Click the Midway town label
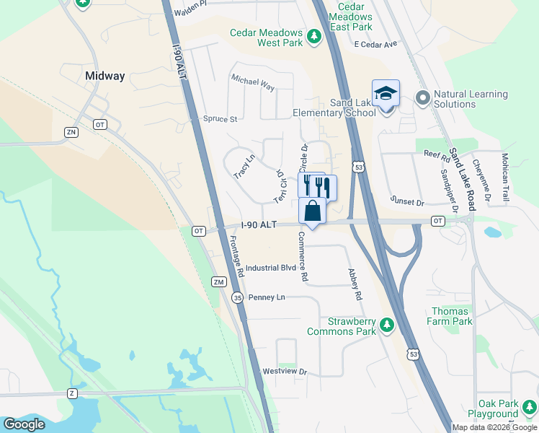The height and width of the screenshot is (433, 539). tap(104, 76)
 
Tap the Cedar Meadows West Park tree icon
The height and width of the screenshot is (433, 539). tap(313, 35)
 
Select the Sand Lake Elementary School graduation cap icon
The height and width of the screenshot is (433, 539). tap(386, 94)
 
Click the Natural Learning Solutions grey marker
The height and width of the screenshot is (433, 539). tap(422, 97)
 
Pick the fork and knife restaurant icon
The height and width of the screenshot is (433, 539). tap(317, 186)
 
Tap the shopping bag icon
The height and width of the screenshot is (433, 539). tap(313, 211)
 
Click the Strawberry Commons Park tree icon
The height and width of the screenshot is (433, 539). tap(388, 325)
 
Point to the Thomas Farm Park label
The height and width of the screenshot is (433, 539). tap(451, 316)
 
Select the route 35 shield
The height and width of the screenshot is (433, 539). tap(238, 297)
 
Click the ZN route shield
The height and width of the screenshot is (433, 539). tap(71, 132)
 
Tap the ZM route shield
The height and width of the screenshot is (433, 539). tap(218, 281)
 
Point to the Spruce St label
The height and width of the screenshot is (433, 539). tap(220, 119)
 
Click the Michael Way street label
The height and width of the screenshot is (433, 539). tap(253, 82)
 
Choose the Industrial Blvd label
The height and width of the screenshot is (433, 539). tap(271, 268)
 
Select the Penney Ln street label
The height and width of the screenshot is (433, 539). tap(267, 297)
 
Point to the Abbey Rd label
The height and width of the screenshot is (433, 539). tap(354, 284)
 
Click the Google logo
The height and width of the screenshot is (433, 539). tap(24, 424)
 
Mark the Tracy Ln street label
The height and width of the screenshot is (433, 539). tap(244, 167)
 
